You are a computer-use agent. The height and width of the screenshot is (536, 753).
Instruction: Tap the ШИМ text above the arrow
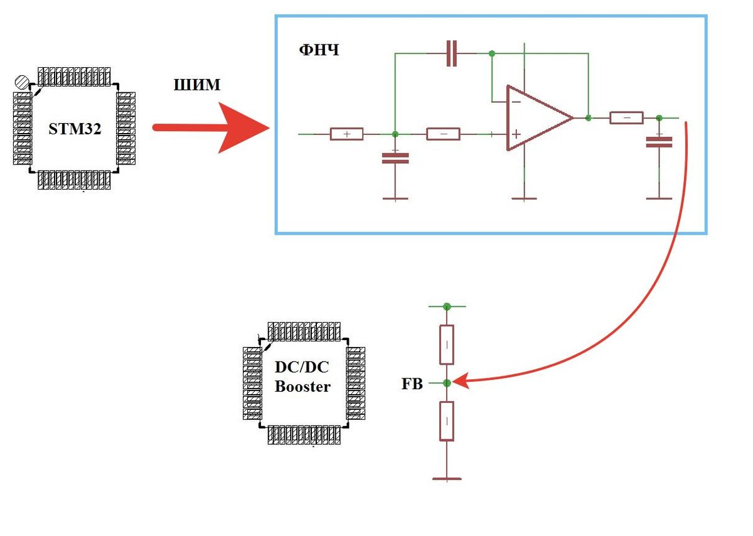pyautogui.click(x=196, y=85)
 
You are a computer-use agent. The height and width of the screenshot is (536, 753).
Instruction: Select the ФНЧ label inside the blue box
pyautogui.click(x=319, y=50)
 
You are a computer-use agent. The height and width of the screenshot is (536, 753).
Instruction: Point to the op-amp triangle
pyautogui.click(x=537, y=118)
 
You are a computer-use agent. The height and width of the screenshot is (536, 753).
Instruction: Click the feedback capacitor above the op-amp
pyautogui.click(x=451, y=54)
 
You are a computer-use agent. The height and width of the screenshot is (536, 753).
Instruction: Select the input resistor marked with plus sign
pyautogui.click(x=346, y=134)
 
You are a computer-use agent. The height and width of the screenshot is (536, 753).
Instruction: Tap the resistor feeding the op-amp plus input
pyautogui.click(x=443, y=134)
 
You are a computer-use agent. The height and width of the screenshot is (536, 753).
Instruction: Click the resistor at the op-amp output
pyautogui.click(x=626, y=117)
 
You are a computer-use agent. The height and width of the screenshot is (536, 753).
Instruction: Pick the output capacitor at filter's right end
pyautogui.click(x=659, y=142)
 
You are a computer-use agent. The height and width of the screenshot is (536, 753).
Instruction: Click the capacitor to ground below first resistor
pyautogui.click(x=395, y=158)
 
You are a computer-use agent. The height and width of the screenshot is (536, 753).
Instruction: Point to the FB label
pyautogui.click(x=412, y=383)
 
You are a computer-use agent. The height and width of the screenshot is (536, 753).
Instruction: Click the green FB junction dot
pyautogui.click(x=447, y=382)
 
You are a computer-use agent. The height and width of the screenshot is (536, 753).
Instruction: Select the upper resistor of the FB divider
pyautogui.click(x=447, y=345)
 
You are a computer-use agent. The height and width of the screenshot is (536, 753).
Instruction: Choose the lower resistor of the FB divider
pyautogui.click(x=447, y=421)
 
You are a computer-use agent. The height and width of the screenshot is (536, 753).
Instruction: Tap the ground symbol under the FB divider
pyautogui.click(x=447, y=478)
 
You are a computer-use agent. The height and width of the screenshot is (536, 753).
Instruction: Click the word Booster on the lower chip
pyautogui.click(x=302, y=387)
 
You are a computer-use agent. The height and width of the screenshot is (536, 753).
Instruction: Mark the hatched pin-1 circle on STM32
pyautogui.click(x=22, y=82)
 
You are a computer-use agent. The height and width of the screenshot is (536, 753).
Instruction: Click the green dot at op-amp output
pyautogui.click(x=588, y=117)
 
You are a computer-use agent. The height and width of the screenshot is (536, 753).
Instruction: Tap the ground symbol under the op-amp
pyautogui.click(x=525, y=198)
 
